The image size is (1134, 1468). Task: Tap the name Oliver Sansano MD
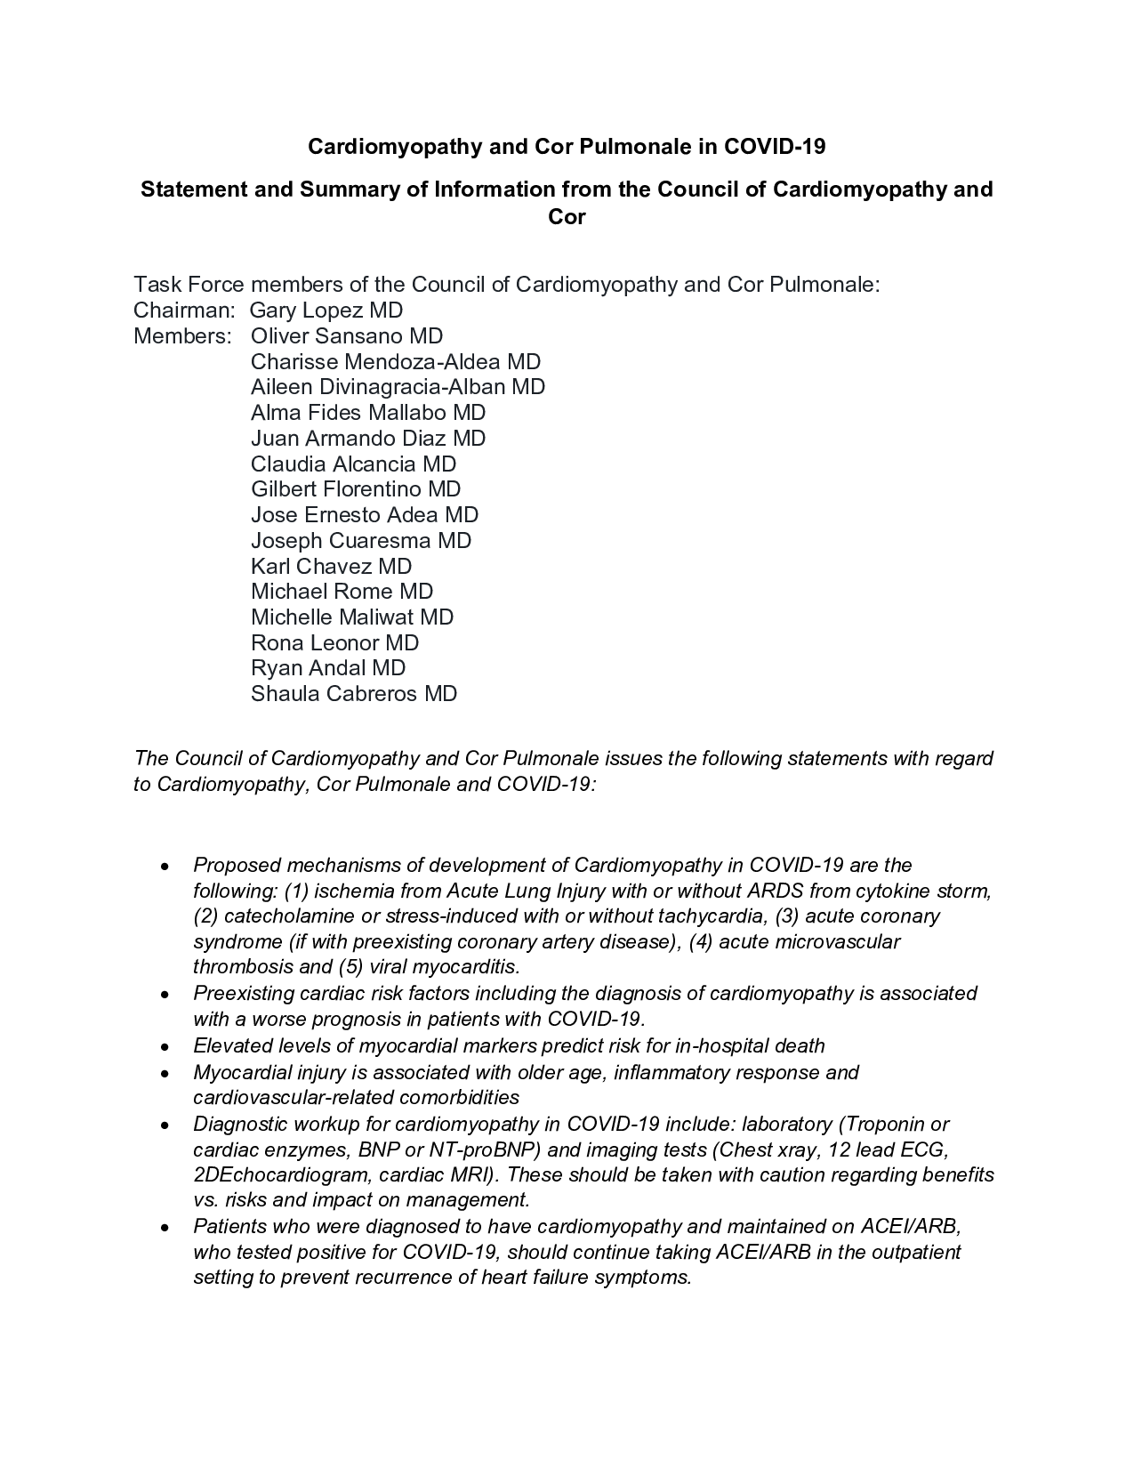click(x=346, y=336)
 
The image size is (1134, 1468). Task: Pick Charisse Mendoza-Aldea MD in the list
click(x=395, y=362)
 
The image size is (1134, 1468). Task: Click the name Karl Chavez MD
click(x=331, y=567)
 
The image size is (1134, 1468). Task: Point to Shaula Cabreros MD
click(x=353, y=694)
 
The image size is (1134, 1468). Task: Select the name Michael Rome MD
click(x=342, y=592)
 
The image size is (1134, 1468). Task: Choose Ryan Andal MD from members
click(x=327, y=668)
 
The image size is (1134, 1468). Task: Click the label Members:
click(x=182, y=336)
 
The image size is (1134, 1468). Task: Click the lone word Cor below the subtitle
click(x=567, y=216)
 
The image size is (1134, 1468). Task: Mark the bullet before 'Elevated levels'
click(x=165, y=1047)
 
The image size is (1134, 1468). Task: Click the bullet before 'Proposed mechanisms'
click(x=165, y=867)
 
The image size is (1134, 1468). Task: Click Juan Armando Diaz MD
click(x=367, y=439)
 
